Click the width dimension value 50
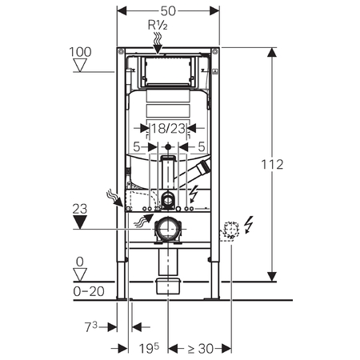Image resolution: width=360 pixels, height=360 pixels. [x=168, y=11]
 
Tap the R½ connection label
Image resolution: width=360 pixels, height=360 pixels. [x=158, y=26]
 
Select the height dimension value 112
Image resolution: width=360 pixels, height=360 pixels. [x=272, y=165]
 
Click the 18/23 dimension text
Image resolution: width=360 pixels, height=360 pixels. [x=168, y=129]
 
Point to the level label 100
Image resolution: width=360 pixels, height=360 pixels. [x=80, y=52]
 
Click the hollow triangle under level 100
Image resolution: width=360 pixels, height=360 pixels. [x=80, y=65]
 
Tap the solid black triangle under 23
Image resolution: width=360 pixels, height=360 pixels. [x=80, y=222]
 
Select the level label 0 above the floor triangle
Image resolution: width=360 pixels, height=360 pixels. [x=80, y=262]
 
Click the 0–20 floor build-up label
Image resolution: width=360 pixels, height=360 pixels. [x=89, y=291]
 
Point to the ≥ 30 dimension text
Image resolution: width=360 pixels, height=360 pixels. [x=201, y=349]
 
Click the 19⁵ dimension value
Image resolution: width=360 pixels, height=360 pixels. [x=149, y=348]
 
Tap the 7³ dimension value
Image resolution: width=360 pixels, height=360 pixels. [x=91, y=326]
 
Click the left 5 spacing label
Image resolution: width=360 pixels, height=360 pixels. [x=137, y=147]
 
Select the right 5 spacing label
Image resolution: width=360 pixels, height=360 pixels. [x=202, y=147]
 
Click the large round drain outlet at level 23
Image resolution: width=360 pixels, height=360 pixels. [x=168, y=229]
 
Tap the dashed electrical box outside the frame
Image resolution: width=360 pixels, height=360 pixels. [x=230, y=231]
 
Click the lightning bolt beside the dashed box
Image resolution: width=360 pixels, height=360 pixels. [x=249, y=225]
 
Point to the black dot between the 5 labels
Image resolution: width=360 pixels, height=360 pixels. [x=168, y=146]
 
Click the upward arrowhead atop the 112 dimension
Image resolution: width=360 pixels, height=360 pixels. [x=272, y=52]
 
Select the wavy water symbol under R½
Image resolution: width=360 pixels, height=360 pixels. [x=158, y=38]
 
